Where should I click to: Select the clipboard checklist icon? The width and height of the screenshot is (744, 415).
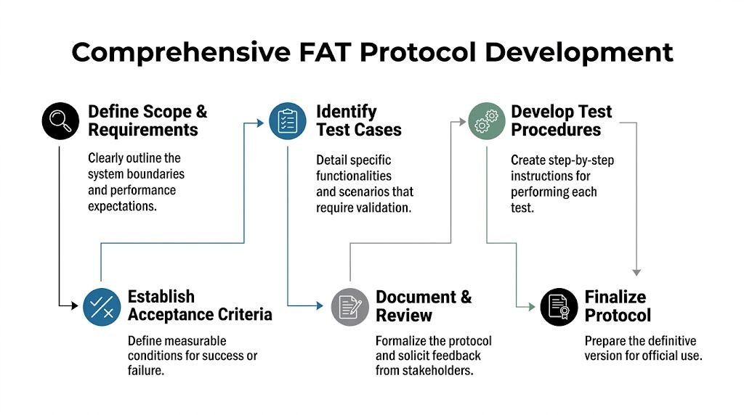tap(288, 121)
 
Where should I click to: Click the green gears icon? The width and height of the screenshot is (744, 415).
tap(485, 120)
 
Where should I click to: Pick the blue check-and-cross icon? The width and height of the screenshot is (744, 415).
tap(102, 306)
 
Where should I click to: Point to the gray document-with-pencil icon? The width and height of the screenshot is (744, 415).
tap(349, 306)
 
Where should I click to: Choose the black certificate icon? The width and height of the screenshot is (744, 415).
tap(559, 306)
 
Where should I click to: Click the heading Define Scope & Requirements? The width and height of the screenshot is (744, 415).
tap(147, 121)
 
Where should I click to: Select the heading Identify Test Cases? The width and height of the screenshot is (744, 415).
tap(358, 121)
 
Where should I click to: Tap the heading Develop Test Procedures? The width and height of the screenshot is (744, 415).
tap(561, 121)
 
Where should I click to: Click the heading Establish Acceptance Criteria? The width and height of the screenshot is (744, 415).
tap(200, 305)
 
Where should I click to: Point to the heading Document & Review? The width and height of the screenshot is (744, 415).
tap(423, 306)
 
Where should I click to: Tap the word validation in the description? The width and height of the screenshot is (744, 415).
tap(384, 207)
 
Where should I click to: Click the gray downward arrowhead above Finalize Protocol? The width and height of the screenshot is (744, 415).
tap(636, 272)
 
